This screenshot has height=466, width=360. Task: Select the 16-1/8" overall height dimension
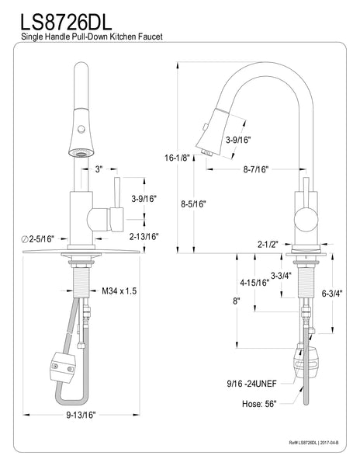pos(176,157)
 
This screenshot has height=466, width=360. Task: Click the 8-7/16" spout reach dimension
pos(256,168)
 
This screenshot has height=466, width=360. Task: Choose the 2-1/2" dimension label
pos(268,245)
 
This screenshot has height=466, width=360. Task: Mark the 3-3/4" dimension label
pos(281,274)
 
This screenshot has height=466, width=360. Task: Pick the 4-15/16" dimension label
pos(254,283)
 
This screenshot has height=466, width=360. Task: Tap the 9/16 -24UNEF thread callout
pos(260,382)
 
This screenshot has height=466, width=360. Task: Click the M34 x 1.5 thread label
pos(119,290)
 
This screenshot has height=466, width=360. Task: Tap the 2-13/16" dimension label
pos(144,236)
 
